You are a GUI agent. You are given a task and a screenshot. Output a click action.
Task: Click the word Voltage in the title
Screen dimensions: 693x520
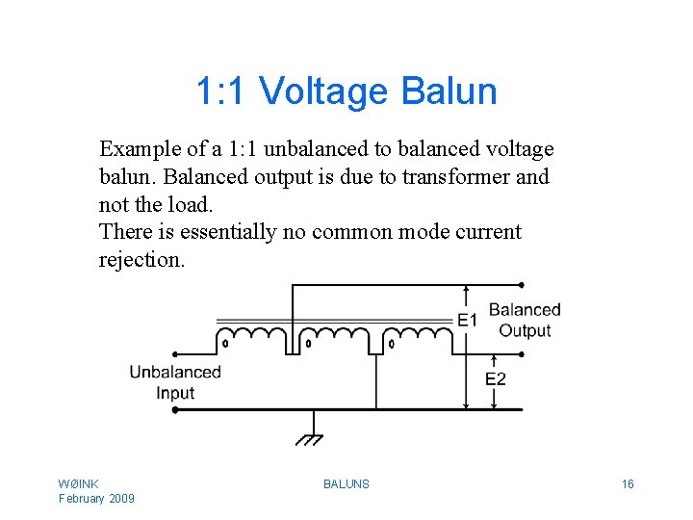click(x=322, y=92)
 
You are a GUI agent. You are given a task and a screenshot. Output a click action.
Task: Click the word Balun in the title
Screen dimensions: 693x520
click(x=449, y=92)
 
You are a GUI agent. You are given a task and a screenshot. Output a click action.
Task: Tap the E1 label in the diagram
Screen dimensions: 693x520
click(x=468, y=319)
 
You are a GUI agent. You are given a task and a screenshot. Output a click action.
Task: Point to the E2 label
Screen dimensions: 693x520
click(x=495, y=378)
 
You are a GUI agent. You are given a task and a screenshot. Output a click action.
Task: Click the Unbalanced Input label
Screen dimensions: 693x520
click(x=175, y=382)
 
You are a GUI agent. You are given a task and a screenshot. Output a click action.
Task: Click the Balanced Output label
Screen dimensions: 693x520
click(x=525, y=320)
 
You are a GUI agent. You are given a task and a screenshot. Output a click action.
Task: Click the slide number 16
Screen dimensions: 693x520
click(x=628, y=484)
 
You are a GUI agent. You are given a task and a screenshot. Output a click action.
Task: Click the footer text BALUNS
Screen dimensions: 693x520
click(x=346, y=484)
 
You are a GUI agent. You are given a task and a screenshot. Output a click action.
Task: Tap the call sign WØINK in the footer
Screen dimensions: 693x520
click(x=79, y=483)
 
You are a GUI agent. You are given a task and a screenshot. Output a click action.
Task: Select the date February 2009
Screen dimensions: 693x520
click(x=96, y=498)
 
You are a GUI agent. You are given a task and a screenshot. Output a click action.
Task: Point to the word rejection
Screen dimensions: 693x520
click(x=141, y=260)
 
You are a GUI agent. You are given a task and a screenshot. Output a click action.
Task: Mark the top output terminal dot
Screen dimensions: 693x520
click(x=522, y=285)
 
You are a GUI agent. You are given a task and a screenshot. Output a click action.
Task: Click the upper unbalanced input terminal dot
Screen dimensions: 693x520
click(x=174, y=353)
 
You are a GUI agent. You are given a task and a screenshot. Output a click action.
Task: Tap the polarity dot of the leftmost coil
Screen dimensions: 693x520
click(x=225, y=342)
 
